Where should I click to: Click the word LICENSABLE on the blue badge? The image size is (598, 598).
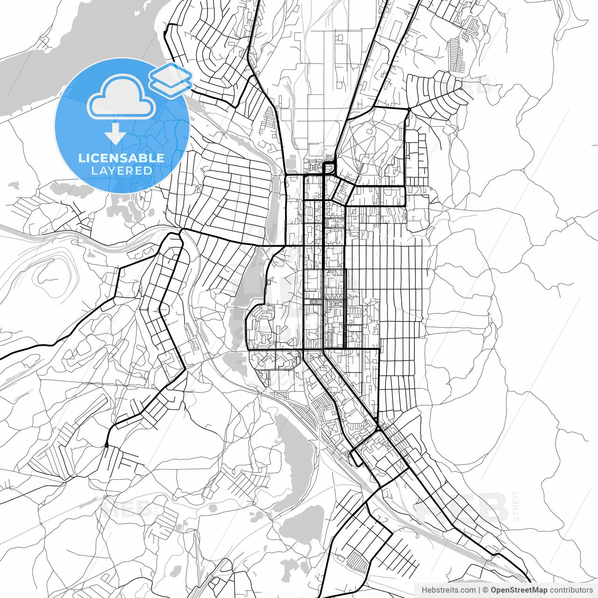121,158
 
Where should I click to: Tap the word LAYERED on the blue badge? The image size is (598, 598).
121,171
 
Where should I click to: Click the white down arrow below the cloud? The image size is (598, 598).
115,136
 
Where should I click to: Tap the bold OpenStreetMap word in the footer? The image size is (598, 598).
519,590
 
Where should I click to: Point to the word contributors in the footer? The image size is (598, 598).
571,590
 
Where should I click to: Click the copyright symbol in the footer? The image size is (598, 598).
485,590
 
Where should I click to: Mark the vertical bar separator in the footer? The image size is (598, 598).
479,590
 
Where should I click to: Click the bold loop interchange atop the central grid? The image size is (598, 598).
330,167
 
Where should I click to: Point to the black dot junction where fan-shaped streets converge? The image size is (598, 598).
408,110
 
